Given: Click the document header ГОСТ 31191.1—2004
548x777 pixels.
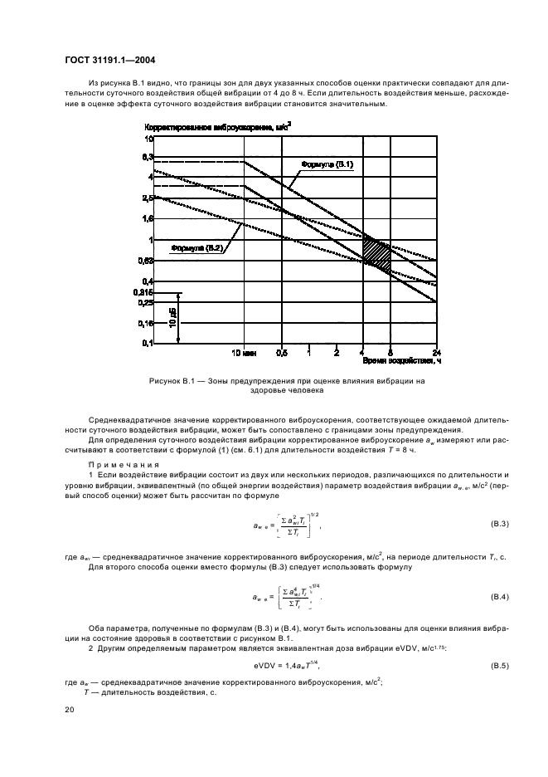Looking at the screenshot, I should coord(109,60).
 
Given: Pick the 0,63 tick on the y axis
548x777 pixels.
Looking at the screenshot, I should coord(146,261).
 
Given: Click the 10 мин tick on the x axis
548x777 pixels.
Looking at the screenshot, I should coord(243,352).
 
